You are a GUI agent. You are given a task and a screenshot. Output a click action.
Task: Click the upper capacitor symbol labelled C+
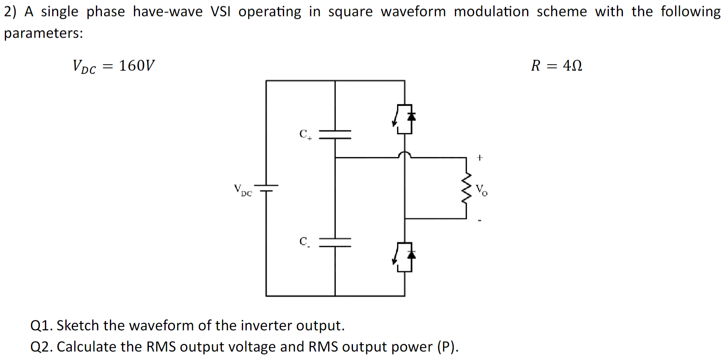click(335, 134)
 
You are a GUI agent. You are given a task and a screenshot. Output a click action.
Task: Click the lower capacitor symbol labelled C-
click(335, 242)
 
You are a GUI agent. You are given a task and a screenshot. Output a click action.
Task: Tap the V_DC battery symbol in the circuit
click(266, 188)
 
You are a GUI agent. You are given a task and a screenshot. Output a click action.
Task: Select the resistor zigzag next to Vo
click(466, 188)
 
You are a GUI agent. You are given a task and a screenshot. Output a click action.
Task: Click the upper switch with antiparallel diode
click(404, 119)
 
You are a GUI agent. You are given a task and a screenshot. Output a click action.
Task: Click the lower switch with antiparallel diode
click(404, 257)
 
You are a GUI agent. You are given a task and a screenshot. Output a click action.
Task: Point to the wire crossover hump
click(404, 154)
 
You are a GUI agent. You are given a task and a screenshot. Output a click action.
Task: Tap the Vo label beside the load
click(481, 190)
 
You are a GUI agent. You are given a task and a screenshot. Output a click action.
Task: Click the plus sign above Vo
click(480, 158)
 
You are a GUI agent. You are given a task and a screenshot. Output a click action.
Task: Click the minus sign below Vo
click(480, 220)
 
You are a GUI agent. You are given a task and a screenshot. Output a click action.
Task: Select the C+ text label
click(305, 134)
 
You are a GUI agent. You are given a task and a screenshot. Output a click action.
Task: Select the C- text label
click(304, 242)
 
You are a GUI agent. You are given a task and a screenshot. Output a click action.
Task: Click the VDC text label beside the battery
click(243, 190)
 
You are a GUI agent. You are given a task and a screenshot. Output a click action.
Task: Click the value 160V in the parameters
click(136, 65)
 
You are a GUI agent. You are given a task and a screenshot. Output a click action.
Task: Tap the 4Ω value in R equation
click(572, 65)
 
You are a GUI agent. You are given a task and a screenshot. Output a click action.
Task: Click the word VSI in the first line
click(221, 12)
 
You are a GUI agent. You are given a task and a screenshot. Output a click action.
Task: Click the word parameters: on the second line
click(43, 33)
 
